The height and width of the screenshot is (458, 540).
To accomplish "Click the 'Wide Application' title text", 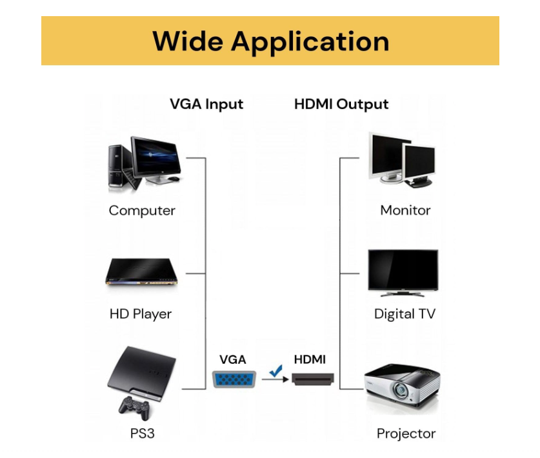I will click(270, 41).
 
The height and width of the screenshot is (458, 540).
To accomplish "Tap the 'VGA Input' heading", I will click(206, 104).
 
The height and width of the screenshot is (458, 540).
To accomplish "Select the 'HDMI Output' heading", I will click(341, 104).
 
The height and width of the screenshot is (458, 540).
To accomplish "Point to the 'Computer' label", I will click(142, 210).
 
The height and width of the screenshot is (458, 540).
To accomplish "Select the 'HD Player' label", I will click(141, 314).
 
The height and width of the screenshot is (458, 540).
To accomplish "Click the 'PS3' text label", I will click(143, 433).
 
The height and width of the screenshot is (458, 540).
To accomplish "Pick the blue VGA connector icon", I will click(233, 379).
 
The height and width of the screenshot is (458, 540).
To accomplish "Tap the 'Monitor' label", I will click(405, 210).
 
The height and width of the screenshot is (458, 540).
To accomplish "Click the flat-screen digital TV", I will click(403, 272).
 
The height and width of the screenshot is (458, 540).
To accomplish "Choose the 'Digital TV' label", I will click(405, 314).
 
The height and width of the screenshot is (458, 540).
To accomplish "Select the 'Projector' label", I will click(406, 433).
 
